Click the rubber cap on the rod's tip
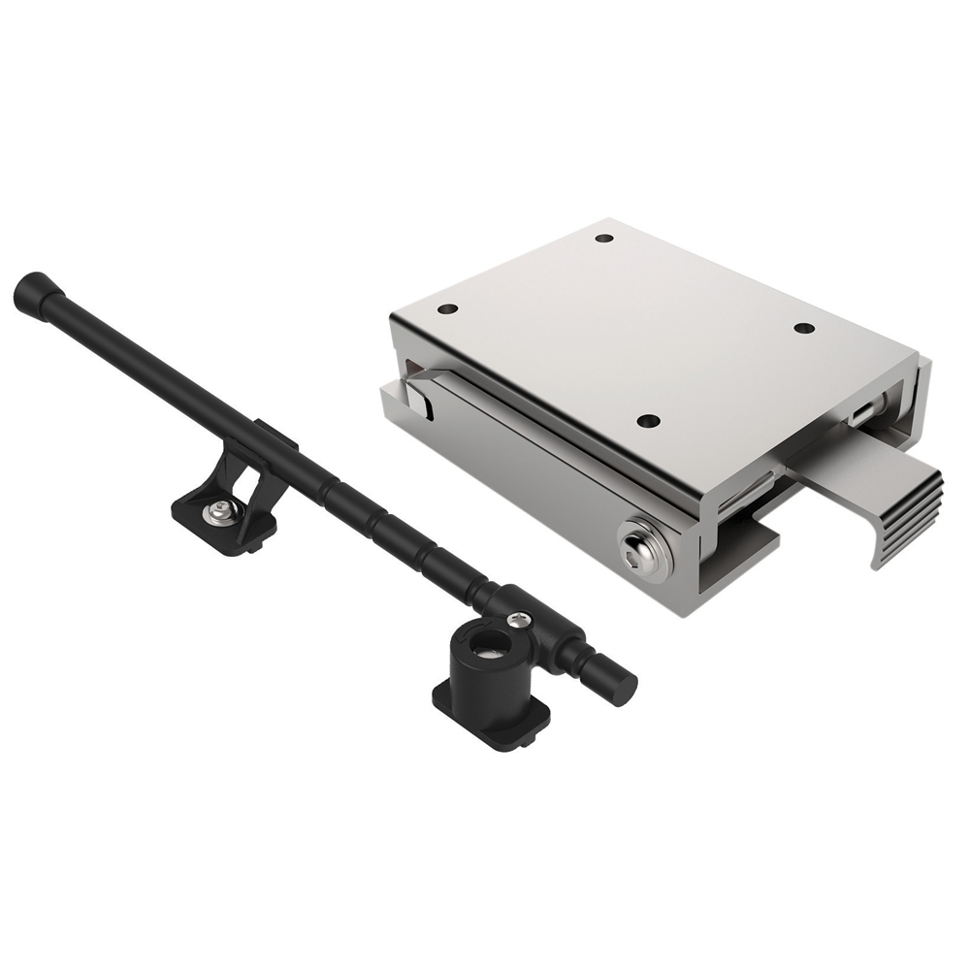31,290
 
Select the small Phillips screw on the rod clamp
524,616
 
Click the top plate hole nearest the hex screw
649,421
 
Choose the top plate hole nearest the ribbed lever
803,328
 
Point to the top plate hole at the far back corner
603,238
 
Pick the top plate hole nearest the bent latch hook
447,309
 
